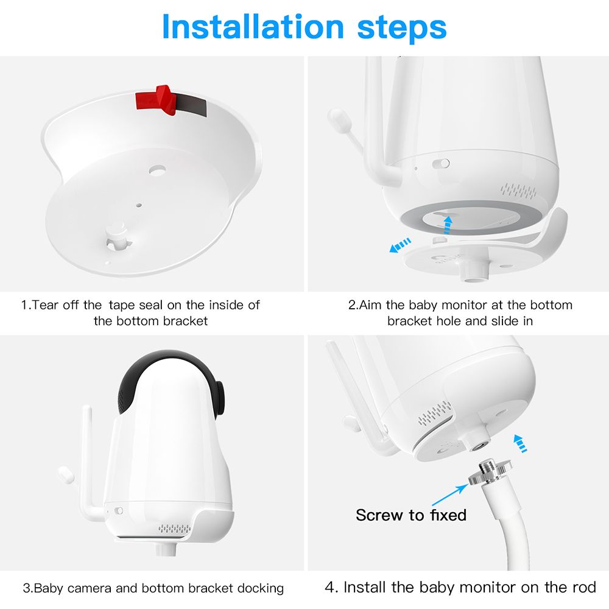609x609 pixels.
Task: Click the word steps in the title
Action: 402,29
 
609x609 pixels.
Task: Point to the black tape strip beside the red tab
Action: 191,105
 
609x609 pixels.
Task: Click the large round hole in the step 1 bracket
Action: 157,170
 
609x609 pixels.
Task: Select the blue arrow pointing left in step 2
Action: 400,245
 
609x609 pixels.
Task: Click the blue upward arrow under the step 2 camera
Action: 448,225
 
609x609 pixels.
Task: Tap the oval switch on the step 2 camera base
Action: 441,163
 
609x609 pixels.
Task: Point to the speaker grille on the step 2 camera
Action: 518,190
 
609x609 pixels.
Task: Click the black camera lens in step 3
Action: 220,398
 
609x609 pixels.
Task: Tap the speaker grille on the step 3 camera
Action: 174,529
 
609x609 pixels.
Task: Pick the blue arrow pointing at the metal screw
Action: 450,494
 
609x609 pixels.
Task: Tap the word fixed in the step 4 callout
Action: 448,515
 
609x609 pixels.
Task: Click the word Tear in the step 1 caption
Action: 45,305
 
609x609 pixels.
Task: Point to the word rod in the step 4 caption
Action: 584,587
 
